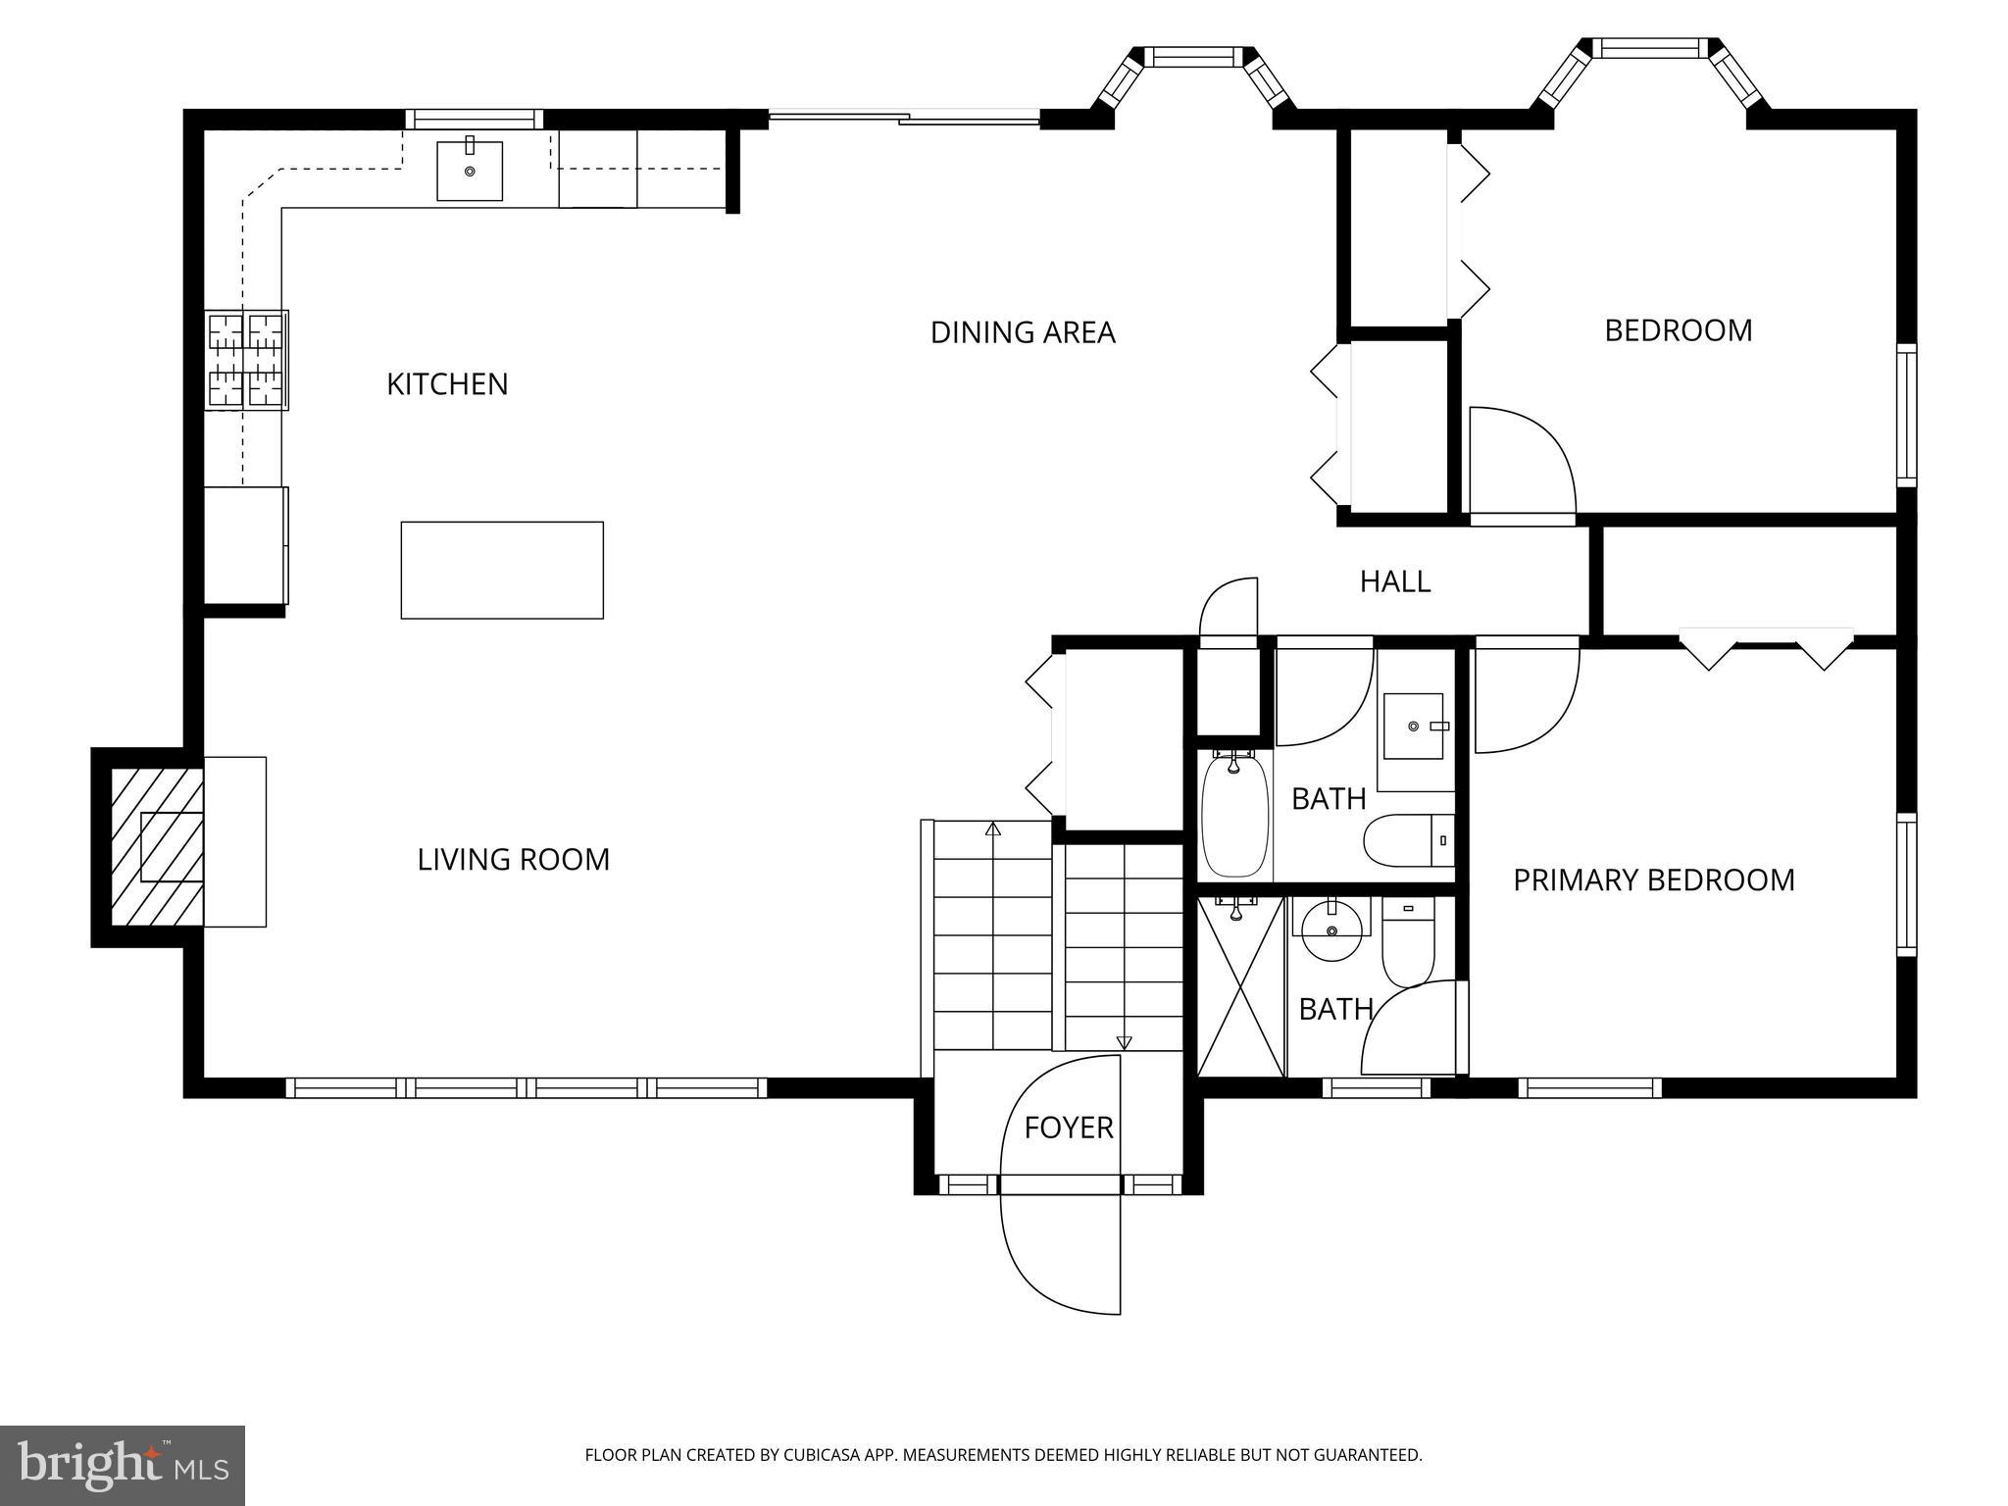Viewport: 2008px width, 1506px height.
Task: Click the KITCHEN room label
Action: (x=447, y=383)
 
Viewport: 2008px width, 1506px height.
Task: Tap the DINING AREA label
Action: (x=1022, y=332)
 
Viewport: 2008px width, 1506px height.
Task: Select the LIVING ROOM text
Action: (x=513, y=859)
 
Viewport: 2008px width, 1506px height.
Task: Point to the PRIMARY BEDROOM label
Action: (x=1653, y=879)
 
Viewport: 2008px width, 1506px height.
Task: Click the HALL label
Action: (x=1394, y=581)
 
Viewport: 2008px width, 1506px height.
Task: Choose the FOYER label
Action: (x=1068, y=1128)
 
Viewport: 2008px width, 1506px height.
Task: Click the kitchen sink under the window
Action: (x=470, y=171)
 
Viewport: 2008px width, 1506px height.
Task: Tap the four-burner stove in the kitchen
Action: (x=246, y=359)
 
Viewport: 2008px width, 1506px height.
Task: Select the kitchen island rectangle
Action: (x=502, y=570)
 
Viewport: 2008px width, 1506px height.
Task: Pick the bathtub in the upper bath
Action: (x=1234, y=814)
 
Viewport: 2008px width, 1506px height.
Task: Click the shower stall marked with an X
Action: (x=1240, y=986)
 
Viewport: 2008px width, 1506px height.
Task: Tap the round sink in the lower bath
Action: (x=1330, y=929)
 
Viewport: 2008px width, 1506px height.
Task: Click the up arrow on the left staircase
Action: (x=992, y=829)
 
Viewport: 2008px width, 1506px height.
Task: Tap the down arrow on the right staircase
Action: (x=1124, y=1043)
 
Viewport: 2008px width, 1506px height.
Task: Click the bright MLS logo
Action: (x=122, y=1465)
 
